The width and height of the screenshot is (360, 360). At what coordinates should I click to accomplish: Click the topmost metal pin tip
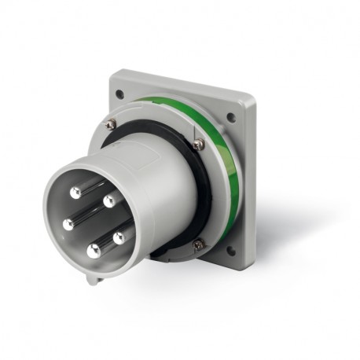click(75, 192)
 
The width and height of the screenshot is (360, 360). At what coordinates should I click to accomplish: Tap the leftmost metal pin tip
click(68, 225)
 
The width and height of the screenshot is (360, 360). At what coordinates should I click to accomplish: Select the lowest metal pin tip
click(94, 252)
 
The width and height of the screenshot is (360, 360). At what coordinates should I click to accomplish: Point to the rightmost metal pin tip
click(119, 237)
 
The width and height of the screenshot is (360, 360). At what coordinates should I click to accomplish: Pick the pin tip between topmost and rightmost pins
click(108, 201)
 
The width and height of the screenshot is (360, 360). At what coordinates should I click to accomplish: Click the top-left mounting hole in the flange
click(119, 94)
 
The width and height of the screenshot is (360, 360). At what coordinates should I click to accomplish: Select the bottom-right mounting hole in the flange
click(230, 252)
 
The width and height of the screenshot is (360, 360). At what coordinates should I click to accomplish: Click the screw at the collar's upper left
click(111, 124)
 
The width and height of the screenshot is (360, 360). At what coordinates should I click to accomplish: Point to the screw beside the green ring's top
click(198, 144)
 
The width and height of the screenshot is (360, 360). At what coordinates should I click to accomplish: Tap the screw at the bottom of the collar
click(197, 244)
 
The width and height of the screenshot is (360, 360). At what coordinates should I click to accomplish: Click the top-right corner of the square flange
click(251, 97)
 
